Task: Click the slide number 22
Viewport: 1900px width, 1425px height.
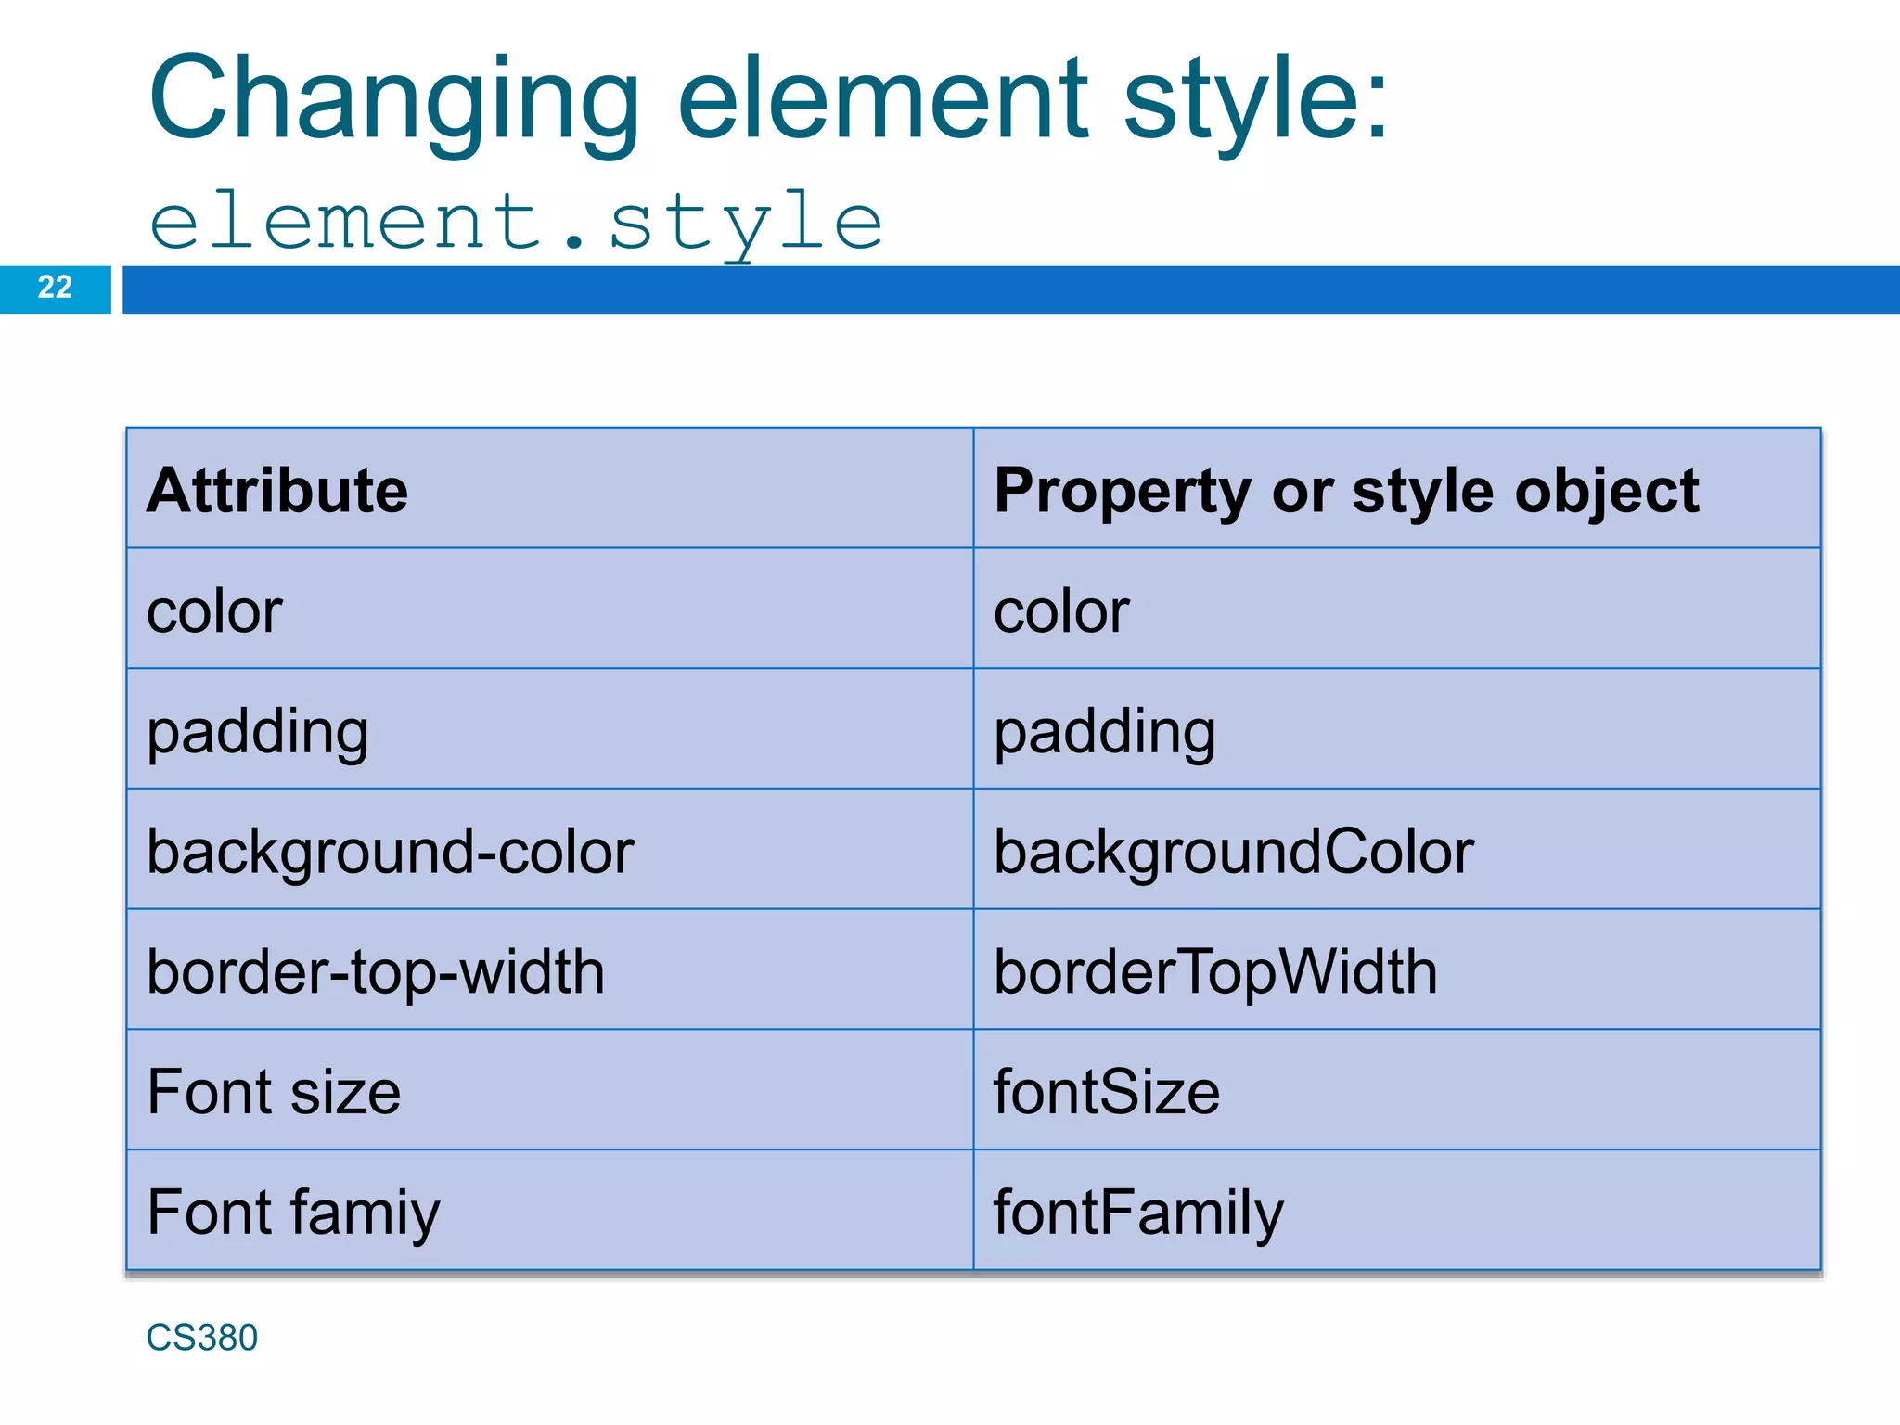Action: pyautogui.click(x=55, y=288)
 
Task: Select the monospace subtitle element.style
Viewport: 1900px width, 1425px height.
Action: pyautogui.click(x=516, y=223)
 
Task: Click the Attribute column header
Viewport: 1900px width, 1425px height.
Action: pyautogui.click(x=277, y=490)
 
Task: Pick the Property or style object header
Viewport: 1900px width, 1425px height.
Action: pyautogui.click(x=1346, y=490)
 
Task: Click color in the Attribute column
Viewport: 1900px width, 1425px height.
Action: pyautogui.click(x=214, y=611)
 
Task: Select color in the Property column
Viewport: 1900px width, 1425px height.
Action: pyautogui.click(x=1061, y=611)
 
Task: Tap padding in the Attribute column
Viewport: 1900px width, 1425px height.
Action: pyautogui.click(x=258, y=732)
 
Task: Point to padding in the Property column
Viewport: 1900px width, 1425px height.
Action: pyautogui.click(x=1105, y=732)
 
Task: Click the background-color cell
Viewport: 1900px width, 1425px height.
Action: pyautogui.click(x=391, y=852)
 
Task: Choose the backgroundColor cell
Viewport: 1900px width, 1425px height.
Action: pyautogui.click(x=1234, y=852)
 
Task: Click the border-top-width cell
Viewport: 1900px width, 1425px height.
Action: pyautogui.click(x=376, y=972)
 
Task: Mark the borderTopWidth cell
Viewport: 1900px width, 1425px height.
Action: pyautogui.click(x=1215, y=972)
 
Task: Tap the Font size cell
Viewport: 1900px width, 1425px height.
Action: pyautogui.click(x=274, y=1092)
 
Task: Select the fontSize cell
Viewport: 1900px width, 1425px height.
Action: pyautogui.click(x=1107, y=1092)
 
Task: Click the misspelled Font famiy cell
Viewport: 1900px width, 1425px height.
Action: pyautogui.click(x=293, y=1213)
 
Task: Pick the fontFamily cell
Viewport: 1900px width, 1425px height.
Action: pyautogui.click(x=1138, y=1213)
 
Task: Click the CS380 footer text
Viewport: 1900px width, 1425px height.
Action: pyautogui.click(x=201, y=1338)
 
